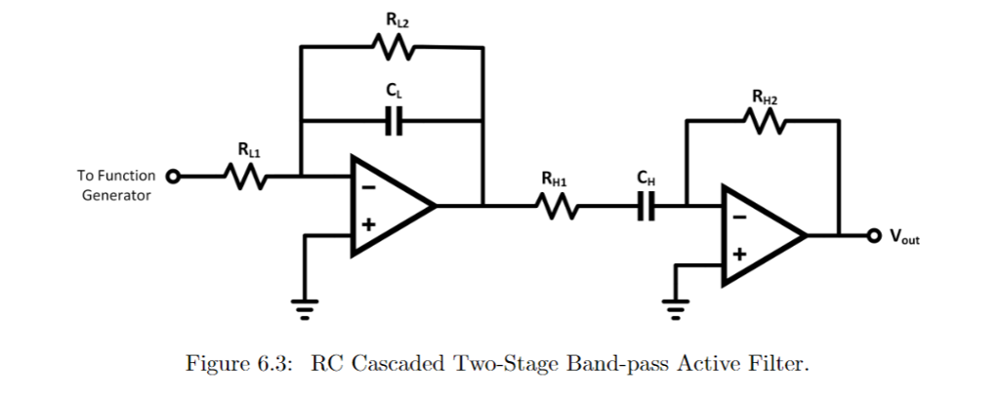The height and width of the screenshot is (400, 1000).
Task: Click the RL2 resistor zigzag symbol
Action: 394,46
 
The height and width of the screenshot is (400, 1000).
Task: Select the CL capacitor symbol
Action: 394,121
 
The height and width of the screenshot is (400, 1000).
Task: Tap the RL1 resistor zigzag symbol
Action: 242,178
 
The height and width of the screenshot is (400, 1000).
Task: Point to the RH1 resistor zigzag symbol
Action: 557,207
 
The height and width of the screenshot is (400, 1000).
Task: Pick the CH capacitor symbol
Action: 646,207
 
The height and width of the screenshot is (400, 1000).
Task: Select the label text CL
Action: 394,90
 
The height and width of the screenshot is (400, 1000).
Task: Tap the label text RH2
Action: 765,96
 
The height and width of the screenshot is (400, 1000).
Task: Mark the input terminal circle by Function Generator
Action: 174,178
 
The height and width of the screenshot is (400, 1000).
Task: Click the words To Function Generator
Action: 116,185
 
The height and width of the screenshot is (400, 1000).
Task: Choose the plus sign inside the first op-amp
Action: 368,225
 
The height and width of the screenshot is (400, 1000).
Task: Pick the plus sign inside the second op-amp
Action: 739,255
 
